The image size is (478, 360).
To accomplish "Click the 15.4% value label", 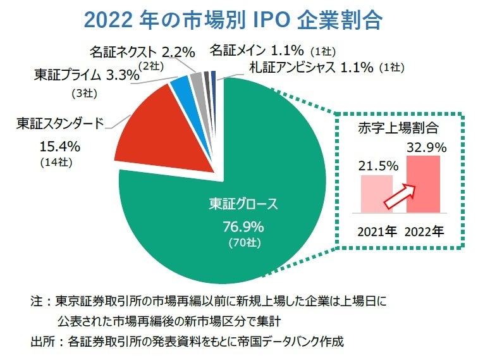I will pos(59,147).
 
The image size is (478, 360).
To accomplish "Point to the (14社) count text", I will pos(58,163).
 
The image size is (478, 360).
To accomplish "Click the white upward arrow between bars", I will pos(402,194).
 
